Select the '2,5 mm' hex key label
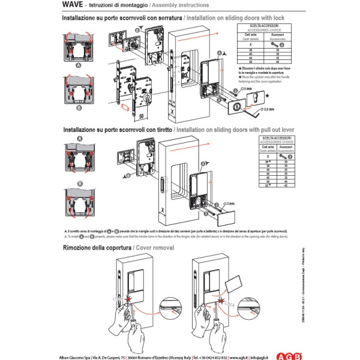click(x=268, y=110)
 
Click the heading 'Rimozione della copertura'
click(x=100, y=247)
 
